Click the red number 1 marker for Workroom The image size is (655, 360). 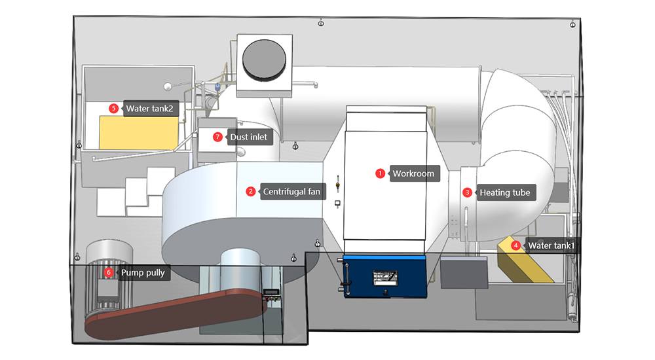(x=380, y=173)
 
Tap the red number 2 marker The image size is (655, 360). (x=250, y=192)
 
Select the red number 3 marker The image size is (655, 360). (x=467, y=192)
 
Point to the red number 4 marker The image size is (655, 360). (x=516, y=245)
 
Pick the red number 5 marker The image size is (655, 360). (x=113, y=108)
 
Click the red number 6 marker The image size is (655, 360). (x=109, y=272)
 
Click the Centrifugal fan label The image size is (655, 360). (x=292, y=192)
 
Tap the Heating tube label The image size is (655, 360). (x=504, y=192)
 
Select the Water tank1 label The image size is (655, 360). (x=551, y=245)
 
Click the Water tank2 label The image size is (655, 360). (x=150, y=108)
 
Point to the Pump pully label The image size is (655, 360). (x=143, y=272)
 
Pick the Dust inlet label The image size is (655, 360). (x=248, y=137)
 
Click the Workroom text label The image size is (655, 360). (x=413, y=173)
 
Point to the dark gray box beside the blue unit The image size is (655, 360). (x=464, y=272)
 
